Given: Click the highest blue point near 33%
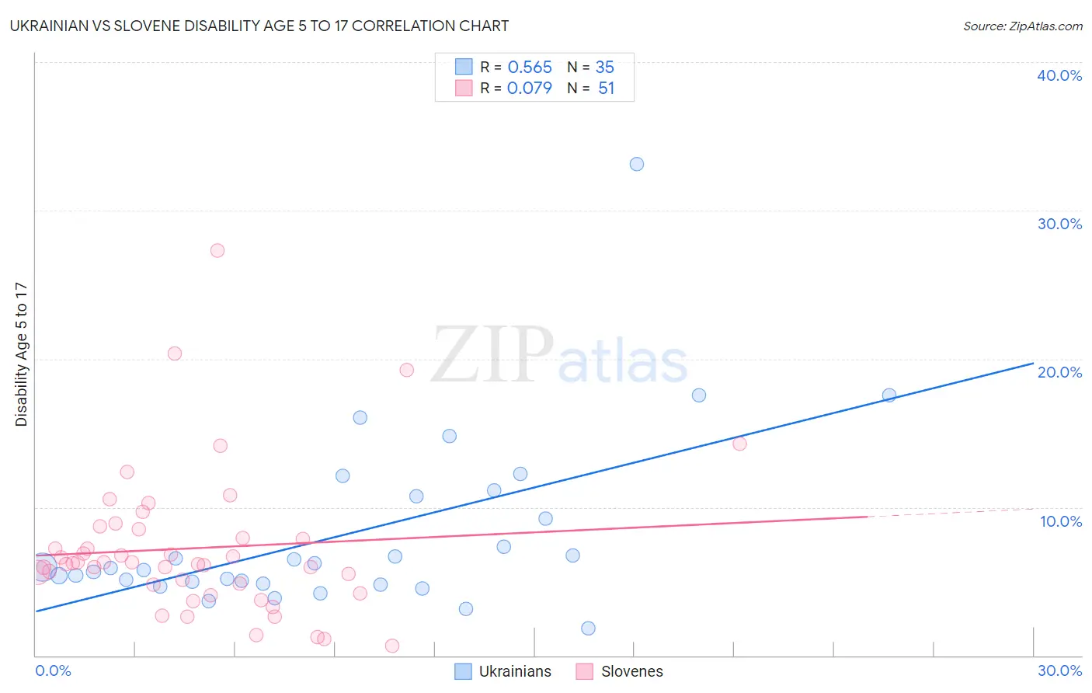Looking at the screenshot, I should (637, 164).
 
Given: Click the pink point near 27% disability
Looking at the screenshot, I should (217, 250).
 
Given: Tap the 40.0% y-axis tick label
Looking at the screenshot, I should (1059, 75).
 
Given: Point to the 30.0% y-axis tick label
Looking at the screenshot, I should (1059, 224).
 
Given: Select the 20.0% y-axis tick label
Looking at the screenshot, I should (1059, 372).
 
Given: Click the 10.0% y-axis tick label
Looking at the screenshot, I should (1060, 521).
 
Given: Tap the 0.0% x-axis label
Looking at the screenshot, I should (53, 670).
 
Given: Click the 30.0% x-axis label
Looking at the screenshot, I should (1059, 670).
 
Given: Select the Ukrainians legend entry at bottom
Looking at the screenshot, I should (503, 671).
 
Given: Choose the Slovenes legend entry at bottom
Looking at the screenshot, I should (620, 671).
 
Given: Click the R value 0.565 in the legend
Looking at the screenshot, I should (530, 68).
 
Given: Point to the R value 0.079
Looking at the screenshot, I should (530, 89).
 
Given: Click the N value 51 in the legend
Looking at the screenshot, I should (606, 89).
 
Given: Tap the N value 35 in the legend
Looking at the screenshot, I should (605, 68).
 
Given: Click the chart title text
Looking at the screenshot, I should (259, 26).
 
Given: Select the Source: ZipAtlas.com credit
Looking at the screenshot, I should (1022, 26).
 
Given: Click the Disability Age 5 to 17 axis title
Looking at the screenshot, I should (22, 354).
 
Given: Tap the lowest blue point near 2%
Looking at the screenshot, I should (589, 628).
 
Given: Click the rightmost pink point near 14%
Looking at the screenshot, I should (739, 444).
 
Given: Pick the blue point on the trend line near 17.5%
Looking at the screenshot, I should (889, 395).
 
